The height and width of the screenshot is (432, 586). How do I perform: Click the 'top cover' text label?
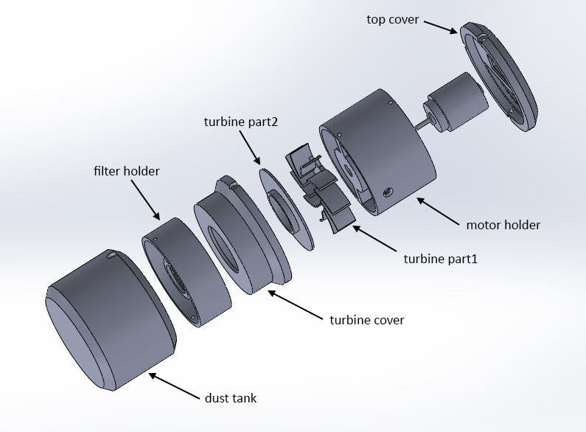[392, 19]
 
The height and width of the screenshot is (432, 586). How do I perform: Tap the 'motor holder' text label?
[503, 225]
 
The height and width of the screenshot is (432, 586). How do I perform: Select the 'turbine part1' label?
[441, 259]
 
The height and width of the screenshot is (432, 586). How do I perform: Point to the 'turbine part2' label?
[241, 122]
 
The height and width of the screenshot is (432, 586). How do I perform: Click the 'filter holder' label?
[127, 171]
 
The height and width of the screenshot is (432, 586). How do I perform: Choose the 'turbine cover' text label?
[367, 320]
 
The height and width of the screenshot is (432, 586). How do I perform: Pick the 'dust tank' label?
[231, 398]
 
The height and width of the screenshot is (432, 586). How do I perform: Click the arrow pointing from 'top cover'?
[441, 27]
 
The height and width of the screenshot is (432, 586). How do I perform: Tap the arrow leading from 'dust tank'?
[174, 386]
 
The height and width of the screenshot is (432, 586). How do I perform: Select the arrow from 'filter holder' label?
[145, 200]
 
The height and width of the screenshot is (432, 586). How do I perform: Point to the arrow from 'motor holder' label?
[438, 212]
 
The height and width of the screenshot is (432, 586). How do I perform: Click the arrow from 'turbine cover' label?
[296, 305]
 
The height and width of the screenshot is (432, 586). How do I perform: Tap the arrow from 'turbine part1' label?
[374, 238]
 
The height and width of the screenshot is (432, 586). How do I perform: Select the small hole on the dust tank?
[111, 255]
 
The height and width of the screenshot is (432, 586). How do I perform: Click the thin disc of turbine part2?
[286, 209]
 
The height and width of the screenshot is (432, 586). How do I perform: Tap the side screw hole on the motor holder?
[387, 193]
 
